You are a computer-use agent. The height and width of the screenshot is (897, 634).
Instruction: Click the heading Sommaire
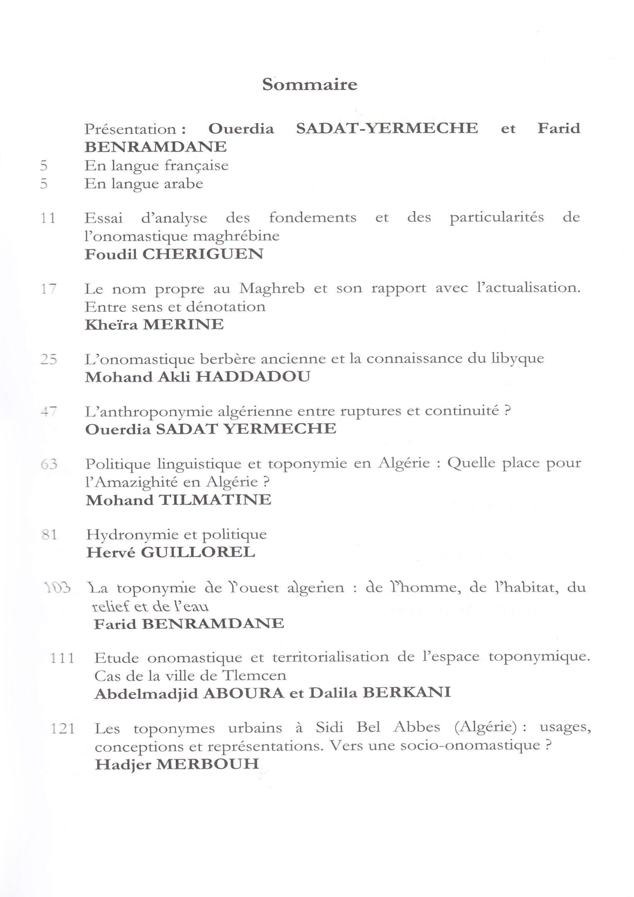tap(310, 84)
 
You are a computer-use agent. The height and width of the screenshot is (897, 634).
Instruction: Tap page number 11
tap(48, 217)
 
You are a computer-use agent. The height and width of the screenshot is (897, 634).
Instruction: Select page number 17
tap(48, 289)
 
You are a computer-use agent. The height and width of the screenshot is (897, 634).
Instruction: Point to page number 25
tap(49, 359)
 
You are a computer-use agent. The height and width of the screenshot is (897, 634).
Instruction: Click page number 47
tap(49, 411)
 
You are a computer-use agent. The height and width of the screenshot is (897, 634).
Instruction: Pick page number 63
tap(49, 464)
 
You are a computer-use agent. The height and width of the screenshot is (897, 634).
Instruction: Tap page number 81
tap(49, 535)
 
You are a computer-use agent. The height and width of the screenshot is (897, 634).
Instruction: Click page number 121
tap(63, 729)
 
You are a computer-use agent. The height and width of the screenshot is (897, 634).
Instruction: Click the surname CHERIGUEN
tap(203, 254)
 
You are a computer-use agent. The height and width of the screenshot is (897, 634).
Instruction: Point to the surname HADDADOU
tap(253, 377)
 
